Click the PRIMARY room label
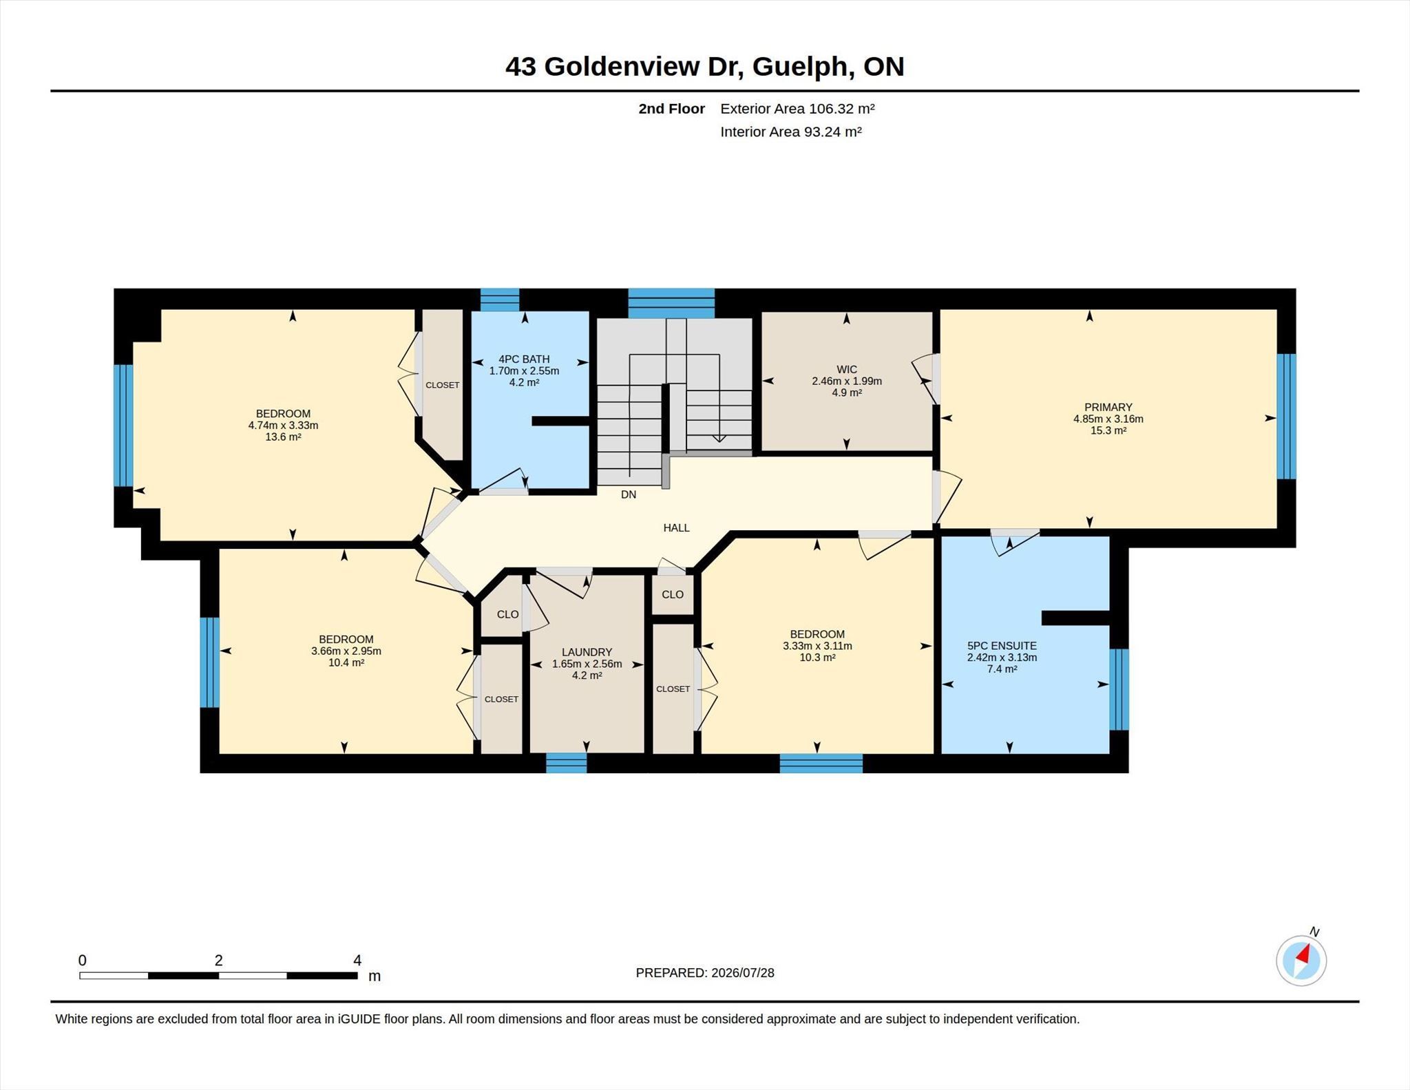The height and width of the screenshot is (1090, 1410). coord(1108,407)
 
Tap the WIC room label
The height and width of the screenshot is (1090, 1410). coord(847,370)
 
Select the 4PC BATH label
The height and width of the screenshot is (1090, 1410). coord(524,359)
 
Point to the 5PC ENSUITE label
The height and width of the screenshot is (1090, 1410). coord(1002,646)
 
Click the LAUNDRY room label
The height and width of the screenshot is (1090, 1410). coord(587,652)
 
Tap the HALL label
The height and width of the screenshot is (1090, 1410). coord(676,527)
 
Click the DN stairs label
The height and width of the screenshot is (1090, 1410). coord(629,494)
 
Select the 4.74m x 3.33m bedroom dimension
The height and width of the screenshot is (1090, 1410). coord(283,426)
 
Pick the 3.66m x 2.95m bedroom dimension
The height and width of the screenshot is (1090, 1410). coord(346,651)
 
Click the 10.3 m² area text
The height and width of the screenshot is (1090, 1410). coord(817,658)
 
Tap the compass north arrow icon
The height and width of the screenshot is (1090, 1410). coord(1301,960)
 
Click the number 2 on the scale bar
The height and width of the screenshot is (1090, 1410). coord(218,961)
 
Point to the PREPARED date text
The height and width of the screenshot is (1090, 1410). coord(705,973)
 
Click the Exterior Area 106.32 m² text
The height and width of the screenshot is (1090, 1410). coord(797,109)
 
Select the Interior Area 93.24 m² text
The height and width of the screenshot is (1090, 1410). coord(791,132)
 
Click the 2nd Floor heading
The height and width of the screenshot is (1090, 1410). coord(671,109)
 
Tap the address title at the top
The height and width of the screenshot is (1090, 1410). coord(704,67)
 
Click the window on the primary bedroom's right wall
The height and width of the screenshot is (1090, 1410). coord(1286,416)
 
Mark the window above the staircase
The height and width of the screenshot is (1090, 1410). coord(671,303)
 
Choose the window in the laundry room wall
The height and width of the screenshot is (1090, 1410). coord(567,763)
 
